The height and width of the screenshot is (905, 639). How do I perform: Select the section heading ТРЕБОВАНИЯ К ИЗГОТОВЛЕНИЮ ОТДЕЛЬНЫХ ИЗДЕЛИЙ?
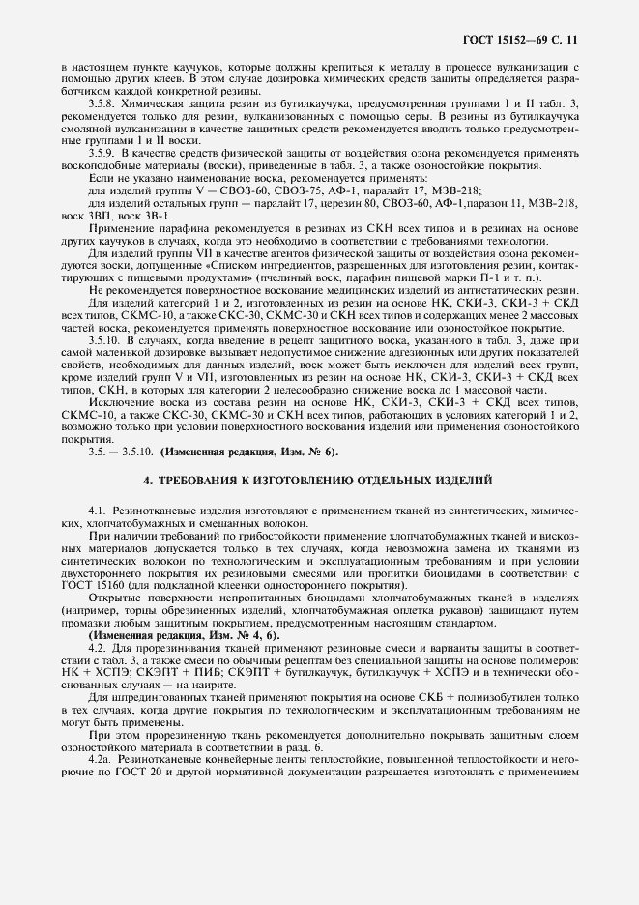click(x=318, y=479)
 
